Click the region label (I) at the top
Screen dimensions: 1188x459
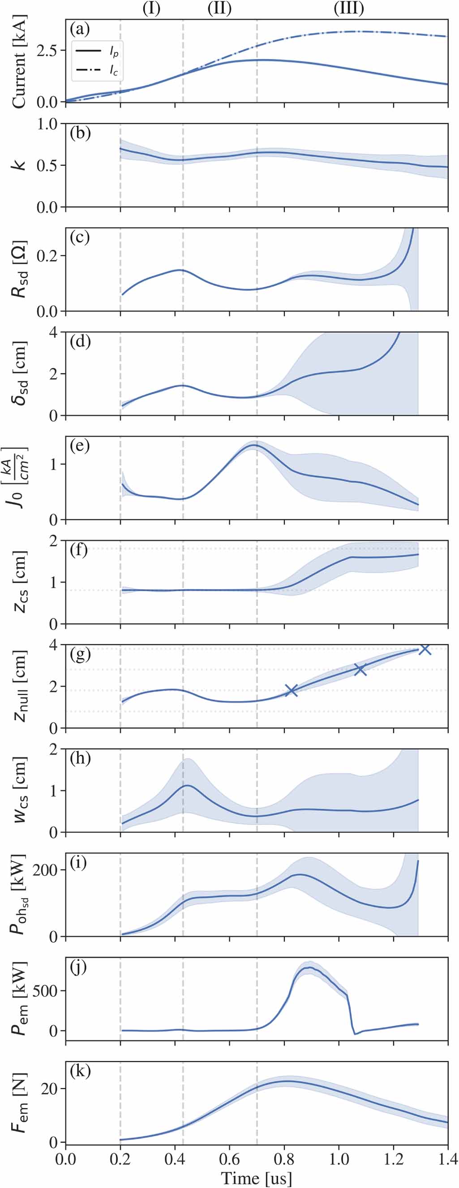point(151,9)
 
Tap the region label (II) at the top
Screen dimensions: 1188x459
point(219,9)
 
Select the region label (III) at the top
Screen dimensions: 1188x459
point(349,9)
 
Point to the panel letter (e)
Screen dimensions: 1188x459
point(79,446)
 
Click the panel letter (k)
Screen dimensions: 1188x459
point(79,1071)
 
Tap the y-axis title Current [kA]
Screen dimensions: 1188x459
point(19,61)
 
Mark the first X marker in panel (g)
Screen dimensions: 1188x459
point(291,691)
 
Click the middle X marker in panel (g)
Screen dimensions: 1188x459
point(360,670)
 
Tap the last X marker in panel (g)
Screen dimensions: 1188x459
point(425,649)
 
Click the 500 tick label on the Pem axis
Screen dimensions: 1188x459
point(47,990)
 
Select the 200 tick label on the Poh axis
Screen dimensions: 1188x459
point(47,870)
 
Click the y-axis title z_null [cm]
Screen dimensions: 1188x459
point(19,686)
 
